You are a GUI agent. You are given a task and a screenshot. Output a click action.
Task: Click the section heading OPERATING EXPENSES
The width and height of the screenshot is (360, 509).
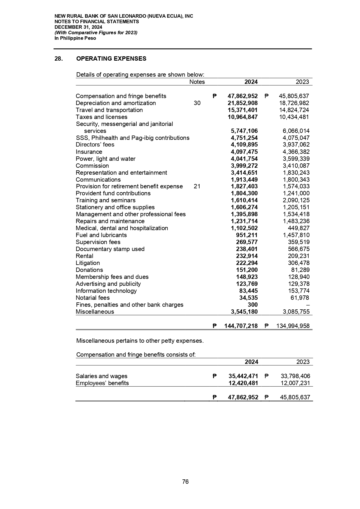111,59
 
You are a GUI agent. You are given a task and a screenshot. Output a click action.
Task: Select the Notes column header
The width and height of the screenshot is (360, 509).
197,82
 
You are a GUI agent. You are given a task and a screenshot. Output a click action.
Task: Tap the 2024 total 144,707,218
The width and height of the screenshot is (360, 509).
241,326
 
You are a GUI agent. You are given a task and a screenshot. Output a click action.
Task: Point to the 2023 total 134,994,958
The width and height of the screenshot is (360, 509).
292,326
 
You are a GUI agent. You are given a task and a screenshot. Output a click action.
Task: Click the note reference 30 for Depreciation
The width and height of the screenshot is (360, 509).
197,103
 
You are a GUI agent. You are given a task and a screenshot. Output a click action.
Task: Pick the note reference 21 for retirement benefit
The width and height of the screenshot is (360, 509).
197,186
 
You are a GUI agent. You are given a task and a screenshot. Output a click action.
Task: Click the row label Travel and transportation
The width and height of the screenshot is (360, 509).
109,110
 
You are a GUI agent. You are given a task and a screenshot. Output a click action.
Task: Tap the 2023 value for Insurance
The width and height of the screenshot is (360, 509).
296,152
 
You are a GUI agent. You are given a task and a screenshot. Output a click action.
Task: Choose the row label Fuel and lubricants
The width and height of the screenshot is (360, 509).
101,235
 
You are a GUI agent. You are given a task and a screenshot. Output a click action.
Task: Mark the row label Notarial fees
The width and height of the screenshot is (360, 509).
93,298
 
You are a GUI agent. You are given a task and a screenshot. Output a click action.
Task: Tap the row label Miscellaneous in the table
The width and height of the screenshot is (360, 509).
95,312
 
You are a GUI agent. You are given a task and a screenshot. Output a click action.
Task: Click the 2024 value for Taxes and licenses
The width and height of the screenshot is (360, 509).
243,117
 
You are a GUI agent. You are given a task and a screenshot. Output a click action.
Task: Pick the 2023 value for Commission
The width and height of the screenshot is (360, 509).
296,166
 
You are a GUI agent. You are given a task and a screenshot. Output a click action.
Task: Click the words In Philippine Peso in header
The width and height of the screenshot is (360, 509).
75,38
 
